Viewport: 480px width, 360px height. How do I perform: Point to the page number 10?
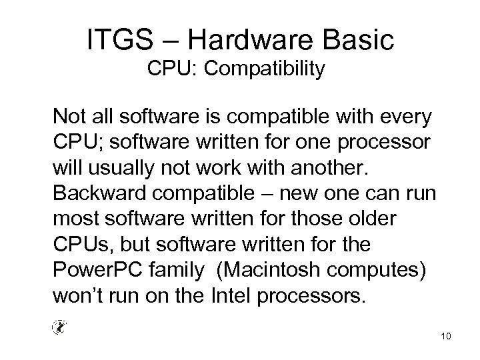click(446, 336)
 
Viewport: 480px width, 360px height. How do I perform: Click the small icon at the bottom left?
click(59, 326)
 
